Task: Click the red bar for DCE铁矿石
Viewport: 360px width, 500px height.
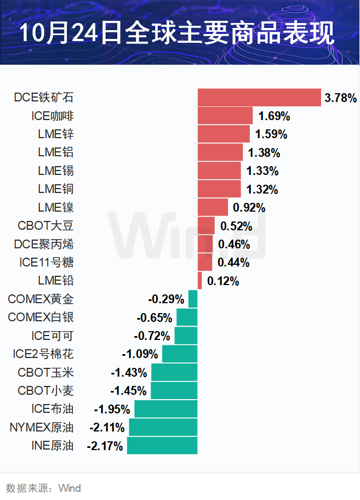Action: tap(259, 98)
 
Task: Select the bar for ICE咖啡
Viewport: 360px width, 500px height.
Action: tap(225, 116)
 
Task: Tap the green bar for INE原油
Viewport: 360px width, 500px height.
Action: tap(162, 446)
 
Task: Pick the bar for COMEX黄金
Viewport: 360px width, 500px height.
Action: tap(193, 299)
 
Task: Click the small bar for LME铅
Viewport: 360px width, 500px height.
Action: tap(199, 281)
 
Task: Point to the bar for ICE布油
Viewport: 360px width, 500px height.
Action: tap(165, 409)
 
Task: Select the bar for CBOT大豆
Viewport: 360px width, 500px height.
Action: tap(206, 226)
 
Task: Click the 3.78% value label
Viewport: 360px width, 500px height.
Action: tap(341, 98)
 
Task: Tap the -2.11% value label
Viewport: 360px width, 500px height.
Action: tap(108, 428)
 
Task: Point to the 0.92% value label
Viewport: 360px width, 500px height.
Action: tap(249, 208)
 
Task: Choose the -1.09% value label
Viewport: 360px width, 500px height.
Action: tap(141, 354)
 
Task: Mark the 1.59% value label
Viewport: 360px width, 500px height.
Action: tap(271, 134)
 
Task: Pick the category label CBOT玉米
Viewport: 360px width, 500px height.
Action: tap(45, 373)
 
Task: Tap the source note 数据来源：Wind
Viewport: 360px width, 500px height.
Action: tap(43, 488)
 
